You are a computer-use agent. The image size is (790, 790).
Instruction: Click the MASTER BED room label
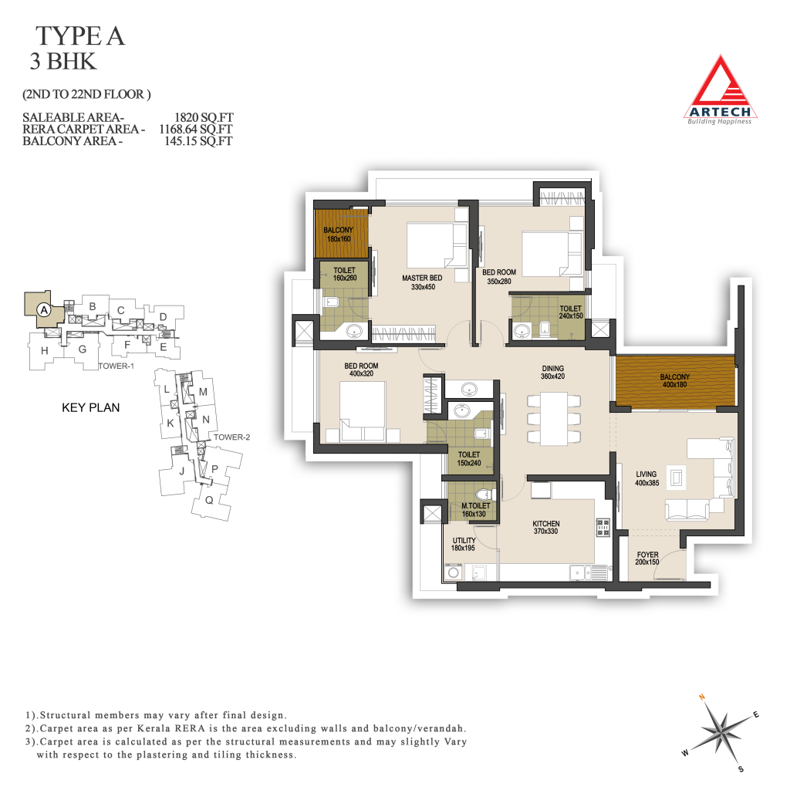422,278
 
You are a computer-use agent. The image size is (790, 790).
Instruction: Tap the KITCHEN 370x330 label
546,528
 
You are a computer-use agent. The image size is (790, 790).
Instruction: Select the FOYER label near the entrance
647,555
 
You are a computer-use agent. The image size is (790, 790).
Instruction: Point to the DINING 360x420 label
552,373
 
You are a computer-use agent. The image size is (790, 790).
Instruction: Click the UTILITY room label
464,541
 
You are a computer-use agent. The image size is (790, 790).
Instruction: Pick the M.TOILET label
475,506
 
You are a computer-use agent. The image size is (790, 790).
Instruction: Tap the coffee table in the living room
676,477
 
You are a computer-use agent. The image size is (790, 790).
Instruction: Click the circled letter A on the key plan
44,310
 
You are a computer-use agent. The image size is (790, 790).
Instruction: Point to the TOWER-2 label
231,437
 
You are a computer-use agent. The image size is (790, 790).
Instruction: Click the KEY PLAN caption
91,407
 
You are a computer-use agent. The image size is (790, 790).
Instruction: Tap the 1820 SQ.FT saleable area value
204,117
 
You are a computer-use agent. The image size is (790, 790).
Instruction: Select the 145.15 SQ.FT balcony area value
198,141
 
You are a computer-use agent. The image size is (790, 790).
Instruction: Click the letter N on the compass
702,697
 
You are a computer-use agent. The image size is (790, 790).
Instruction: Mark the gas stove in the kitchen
603,527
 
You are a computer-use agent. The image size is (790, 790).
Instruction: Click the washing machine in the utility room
454,572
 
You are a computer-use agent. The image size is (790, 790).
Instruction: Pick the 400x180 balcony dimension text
674,385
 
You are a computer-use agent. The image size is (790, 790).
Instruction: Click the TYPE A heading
79,36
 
